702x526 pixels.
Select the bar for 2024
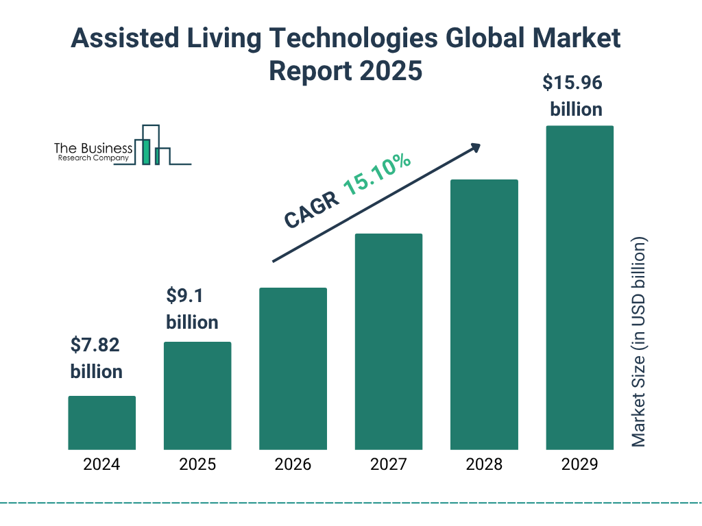pos(101,423)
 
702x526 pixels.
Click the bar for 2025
pos(197,395)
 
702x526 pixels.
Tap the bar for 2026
pos(293,368)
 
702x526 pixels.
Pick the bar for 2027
pos(389,341)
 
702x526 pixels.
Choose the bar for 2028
pos(484,314)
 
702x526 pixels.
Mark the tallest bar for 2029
pos(579,288)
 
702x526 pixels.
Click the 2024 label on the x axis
pos(101,464)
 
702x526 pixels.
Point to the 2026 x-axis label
pos(293,464)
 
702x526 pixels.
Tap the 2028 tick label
pos(484,464)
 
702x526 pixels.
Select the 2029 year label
pos(579,464)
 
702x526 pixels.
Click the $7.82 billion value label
pos(96,358)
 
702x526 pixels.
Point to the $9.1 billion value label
pos(192,309)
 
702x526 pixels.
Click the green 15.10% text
pos(377,175)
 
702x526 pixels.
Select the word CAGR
pos(311,210)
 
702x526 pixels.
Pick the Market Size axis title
pos(639,342)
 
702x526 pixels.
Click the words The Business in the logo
pos(93,148)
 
